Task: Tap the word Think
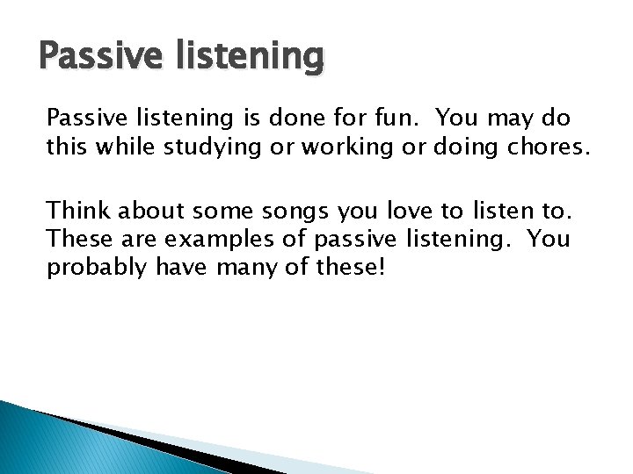pos(78,211)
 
